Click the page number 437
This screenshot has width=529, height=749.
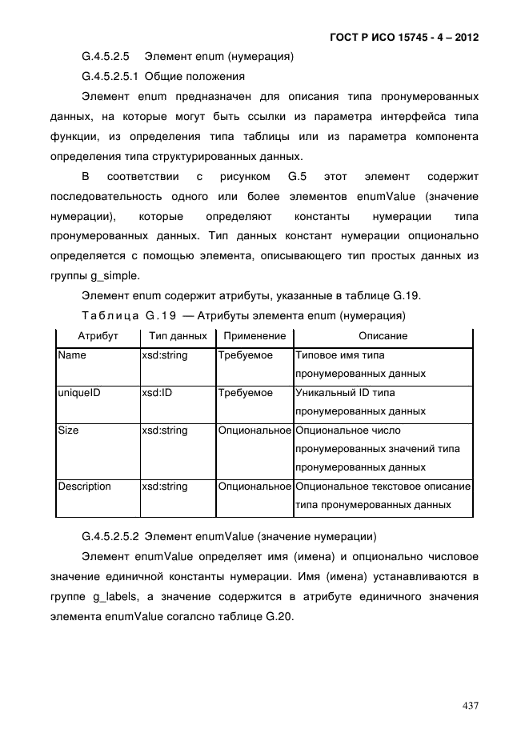470,706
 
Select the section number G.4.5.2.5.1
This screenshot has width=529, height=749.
110,77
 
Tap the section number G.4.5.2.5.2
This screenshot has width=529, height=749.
110,536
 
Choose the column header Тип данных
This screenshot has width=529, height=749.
178,336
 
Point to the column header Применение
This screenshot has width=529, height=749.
254,336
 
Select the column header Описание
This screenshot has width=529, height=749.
383,336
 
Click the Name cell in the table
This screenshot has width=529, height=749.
72,355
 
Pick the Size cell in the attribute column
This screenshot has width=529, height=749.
69,431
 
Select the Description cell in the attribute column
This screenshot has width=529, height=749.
84,487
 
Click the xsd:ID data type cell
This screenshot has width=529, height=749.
157,393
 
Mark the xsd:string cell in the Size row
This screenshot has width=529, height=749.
164,431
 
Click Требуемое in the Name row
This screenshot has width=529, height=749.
246,355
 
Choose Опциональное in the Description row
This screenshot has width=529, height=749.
254,487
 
